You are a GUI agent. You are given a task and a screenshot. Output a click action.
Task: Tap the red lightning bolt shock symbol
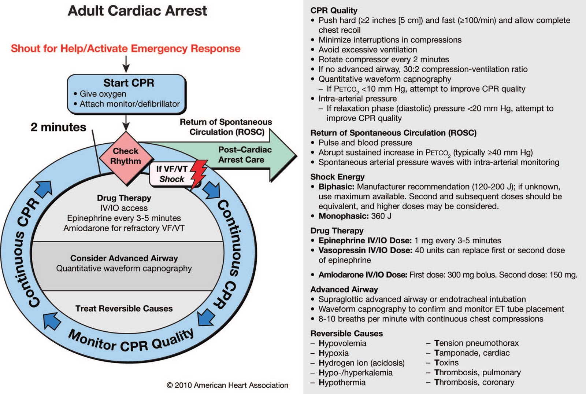198,174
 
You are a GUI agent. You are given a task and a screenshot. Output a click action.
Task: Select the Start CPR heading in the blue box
129,83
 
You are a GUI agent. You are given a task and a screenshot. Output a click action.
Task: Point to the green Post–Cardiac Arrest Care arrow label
245,155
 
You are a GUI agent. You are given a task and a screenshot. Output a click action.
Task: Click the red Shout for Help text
126,48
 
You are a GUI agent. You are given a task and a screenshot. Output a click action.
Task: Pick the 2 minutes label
58,127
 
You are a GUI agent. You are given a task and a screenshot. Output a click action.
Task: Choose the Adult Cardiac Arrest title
137,11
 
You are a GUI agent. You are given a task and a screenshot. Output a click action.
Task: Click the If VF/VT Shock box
171,174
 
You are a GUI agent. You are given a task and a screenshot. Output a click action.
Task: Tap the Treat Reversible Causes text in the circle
124,309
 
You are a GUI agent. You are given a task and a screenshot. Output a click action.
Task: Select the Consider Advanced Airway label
124,258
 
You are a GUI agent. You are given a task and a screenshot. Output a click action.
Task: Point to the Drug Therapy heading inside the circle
124,198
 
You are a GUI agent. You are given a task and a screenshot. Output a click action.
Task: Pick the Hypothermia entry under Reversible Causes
342,382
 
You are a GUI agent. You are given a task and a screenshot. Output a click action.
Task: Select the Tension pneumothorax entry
476,343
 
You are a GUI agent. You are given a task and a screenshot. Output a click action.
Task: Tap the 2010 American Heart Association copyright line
227,385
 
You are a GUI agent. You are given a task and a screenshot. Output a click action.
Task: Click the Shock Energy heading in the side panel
337,177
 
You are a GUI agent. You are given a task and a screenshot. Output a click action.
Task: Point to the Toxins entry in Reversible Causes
446,362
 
